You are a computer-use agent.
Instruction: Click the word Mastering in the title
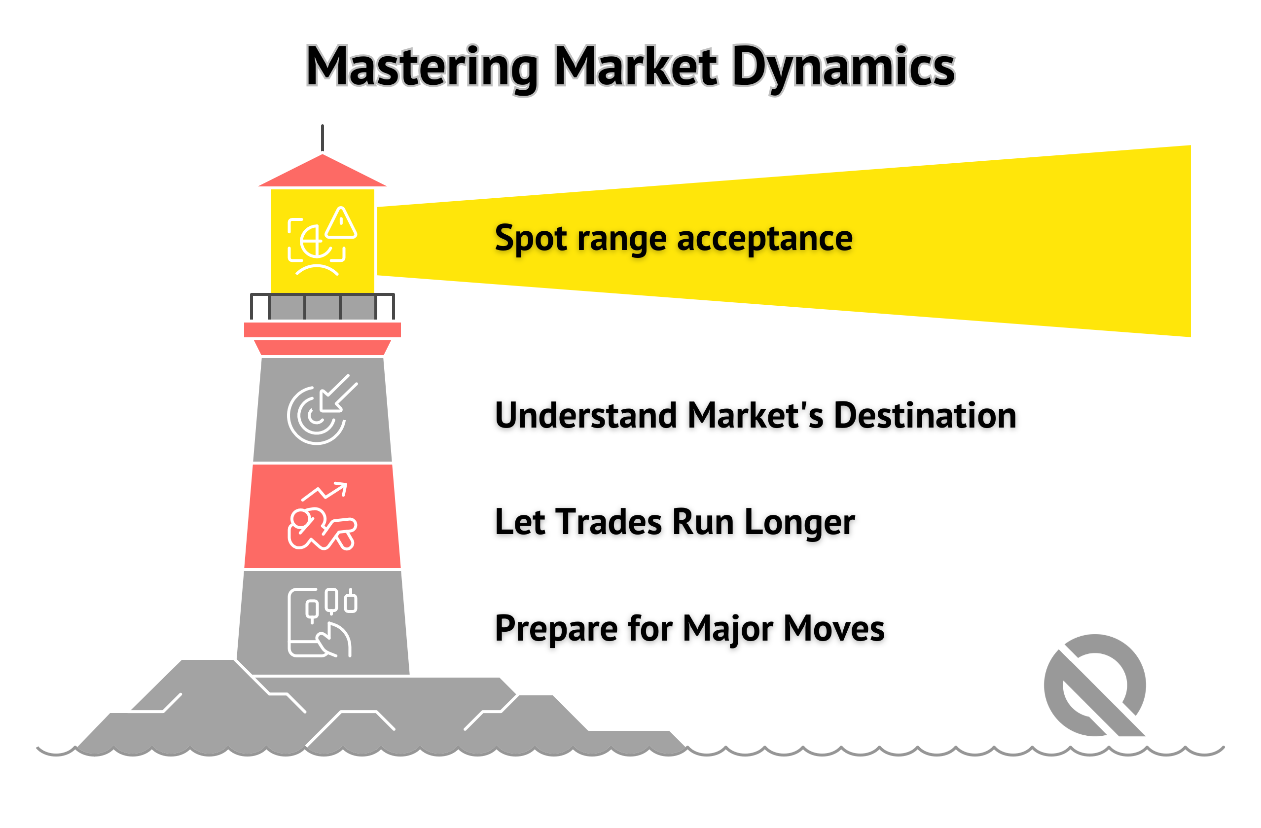(x=422, y=68)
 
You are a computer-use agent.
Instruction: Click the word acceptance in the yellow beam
(x=764, y=238)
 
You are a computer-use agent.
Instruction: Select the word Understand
(x=585, y=415)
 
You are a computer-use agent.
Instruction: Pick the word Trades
(x=608, y=522)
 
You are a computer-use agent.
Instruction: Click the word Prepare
(x=556, y=629)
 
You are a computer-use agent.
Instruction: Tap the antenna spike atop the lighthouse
(x=322, y=138)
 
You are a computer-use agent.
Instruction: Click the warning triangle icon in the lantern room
(x=341, y=223)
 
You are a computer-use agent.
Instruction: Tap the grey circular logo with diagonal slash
(x=1094, y=685)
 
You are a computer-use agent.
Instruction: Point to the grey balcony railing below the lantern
(x=322, y=307)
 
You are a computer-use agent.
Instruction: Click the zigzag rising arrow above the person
(x=325, y=491)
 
